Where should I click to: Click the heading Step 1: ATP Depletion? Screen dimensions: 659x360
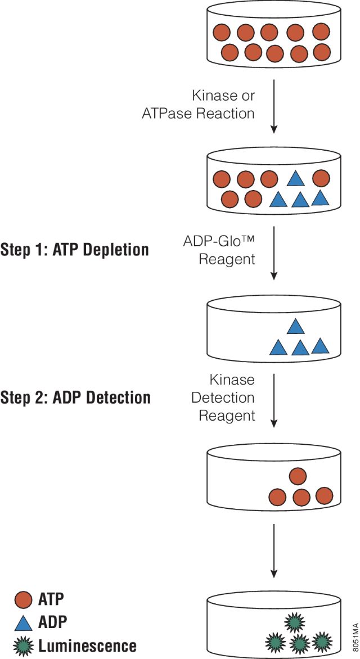click(x=75, y=250)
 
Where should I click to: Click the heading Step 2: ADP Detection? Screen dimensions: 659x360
click(x=75, y=398)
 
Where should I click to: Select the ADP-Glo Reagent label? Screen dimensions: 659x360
click(x=219, y=250)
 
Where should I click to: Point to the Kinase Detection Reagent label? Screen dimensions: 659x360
click(x=223, y=398)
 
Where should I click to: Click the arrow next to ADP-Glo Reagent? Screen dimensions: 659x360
click(x=274, y=252)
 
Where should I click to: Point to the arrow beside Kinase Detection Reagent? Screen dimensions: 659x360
click(x=274, y=400)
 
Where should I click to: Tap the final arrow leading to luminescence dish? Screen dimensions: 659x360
click(x=274, y=551)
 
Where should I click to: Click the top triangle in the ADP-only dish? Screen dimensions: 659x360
click(x=296, y=327)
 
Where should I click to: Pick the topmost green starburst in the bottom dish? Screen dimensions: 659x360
click(x=294, y=622)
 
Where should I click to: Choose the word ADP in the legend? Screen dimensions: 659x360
click(x=52, y=622)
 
